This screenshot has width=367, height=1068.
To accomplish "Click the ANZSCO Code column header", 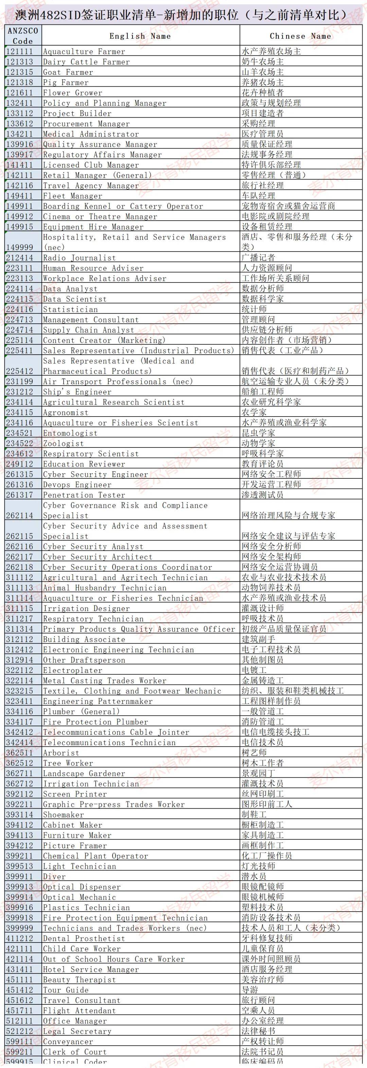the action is tap(23, 36).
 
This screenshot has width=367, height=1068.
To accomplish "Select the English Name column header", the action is tap(140, 36).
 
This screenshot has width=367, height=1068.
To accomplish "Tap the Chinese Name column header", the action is tap(300, 36).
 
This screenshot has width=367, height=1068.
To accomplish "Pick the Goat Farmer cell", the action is tap(68, 72).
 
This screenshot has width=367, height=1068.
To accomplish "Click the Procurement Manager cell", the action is tap(86, 123).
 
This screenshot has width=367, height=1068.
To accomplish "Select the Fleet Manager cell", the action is tap(72, 196).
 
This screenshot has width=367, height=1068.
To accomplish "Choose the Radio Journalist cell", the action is tap(79, 258).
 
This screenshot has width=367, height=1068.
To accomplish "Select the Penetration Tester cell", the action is tap(84, 495).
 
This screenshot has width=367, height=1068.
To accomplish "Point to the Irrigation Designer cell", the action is tap(86, 609).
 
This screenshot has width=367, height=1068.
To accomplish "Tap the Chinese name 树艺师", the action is tap(254, 753).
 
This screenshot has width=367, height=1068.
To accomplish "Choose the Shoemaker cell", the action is tap(64, 815).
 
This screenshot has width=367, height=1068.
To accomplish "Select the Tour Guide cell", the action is tap(66, 990).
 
